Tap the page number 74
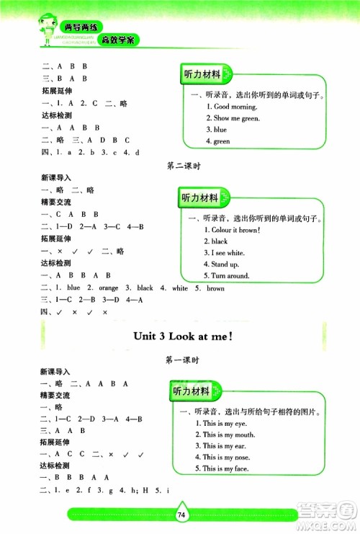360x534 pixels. click(181, 515)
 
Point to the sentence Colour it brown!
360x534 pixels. click(235, 229)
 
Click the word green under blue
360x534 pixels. click(221, 141)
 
